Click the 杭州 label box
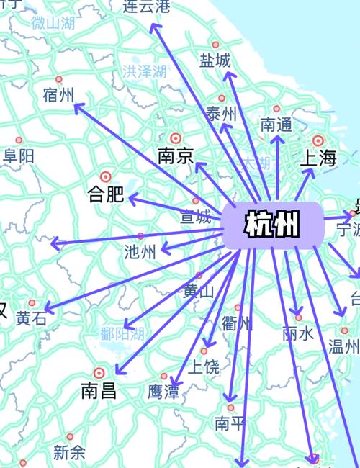(x=272, y=225)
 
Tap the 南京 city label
(x=175, y=156)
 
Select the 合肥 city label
(x=105, y=194)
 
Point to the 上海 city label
(x=318, y=159)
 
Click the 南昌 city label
(x=99, y=392)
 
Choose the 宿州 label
(x=58, y=95)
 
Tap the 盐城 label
(x=215, y=60)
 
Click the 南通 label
(x=276, y=125)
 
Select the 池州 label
(x=140, y=253)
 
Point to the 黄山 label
(x=199, y=292)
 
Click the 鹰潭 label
(x=163, y=392)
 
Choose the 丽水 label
(x=298, y=333)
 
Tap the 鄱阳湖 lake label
(x=122, y=333)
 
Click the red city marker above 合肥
(x=106, y=176)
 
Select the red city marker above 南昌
(x=99, y=373)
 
